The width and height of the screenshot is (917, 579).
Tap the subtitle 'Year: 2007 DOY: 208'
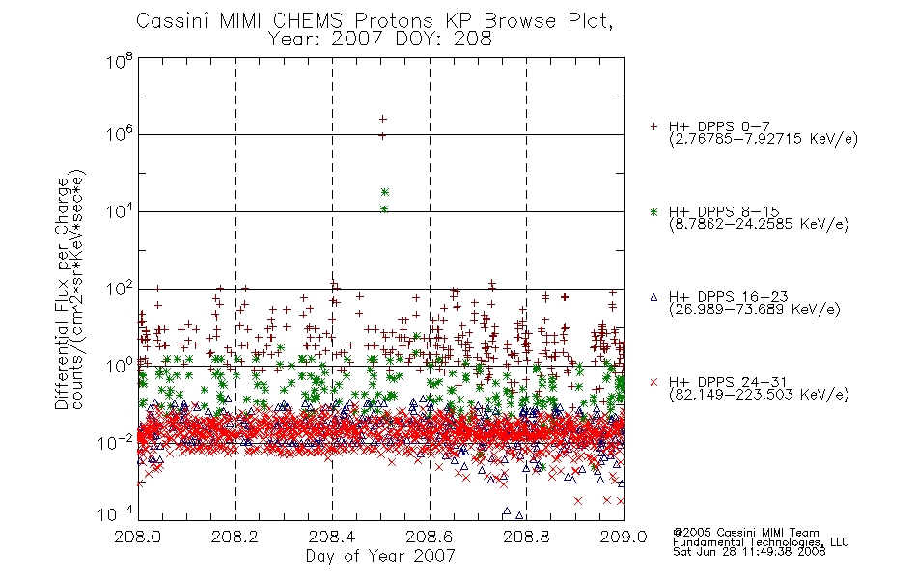[x=379, y=39]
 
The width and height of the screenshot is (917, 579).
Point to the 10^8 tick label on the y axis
[x=120, y=60]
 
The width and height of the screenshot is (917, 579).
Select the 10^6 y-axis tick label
[x=120, y=134]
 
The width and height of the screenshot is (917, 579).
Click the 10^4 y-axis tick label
[x=120, y=210]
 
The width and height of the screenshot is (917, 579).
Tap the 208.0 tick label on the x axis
[x=137, y=537]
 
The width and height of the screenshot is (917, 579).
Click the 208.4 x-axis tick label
[x=332, y=537]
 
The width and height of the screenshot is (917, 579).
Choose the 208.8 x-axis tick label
[x=526, y=537]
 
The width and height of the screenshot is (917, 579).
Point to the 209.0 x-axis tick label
[x=624, y=537]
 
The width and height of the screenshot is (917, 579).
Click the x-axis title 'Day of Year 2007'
[x=380, y=556]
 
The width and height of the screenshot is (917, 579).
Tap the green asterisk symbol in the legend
[x=653, y=212]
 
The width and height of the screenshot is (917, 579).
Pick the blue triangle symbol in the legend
[x=653, y=297]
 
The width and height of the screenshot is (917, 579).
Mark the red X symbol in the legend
[x=653, y=382]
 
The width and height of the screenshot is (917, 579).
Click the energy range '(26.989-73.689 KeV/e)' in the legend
[x=755, y=310]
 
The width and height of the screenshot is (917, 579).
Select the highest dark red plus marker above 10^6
[x=383, y=119]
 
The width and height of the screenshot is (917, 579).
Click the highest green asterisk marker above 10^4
[x=385, y=192]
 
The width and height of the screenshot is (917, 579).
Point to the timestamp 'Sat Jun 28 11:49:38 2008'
[x=749, y=552]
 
